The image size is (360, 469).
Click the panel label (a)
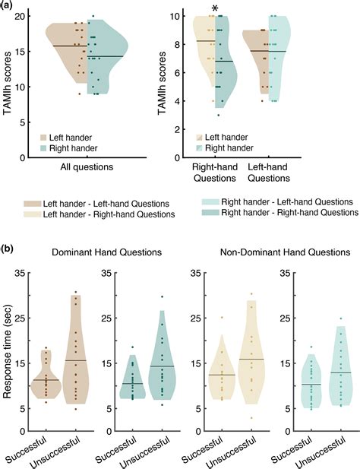pos(8,5)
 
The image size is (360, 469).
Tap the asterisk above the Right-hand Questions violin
pos(215,10)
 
